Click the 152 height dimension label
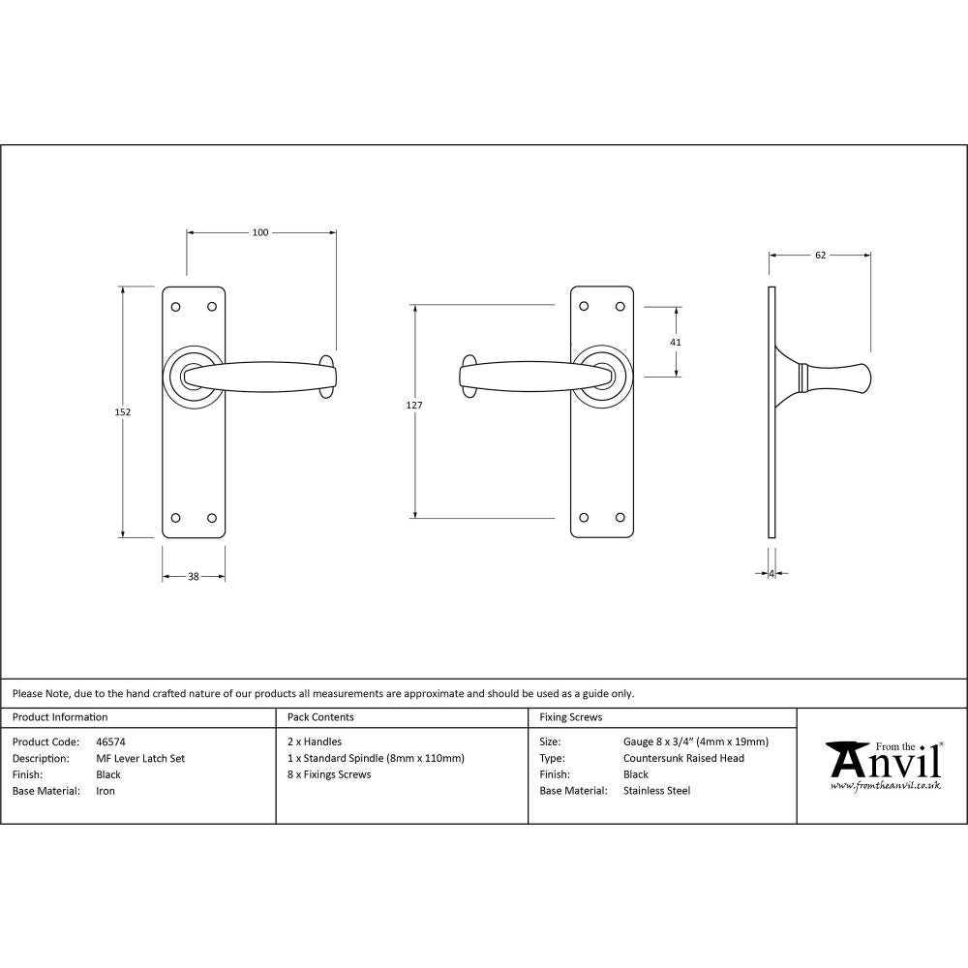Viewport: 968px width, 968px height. tap(122, 411)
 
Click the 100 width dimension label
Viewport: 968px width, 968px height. tap(260, 232)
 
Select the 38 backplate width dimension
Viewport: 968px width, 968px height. tap(193, 577)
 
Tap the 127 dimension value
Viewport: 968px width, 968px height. tap(414, 406)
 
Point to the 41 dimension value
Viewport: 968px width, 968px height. tap(676, 342)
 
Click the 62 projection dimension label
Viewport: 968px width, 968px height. tap(820, 256)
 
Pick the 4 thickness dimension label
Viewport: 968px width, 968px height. tap(771, 574)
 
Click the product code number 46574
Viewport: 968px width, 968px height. tap(111, 742)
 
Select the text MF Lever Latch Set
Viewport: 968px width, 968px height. tap(140, 759)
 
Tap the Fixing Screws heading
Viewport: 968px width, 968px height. tap(571, 717)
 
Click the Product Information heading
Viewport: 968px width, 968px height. tap(60, 717)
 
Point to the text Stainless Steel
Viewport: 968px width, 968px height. tap(657, 791)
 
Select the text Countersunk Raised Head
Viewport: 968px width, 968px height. tap(683, 759)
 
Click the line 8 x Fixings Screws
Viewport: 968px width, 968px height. tap(329, 774)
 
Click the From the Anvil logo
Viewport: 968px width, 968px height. tap(883, 760)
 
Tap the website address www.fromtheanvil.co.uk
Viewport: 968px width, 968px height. tap(885, 786)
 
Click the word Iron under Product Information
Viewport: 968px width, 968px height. tap(106, 791)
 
